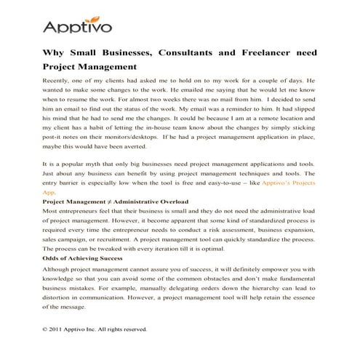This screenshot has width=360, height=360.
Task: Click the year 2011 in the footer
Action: pyautogui.click(x=60, y=329)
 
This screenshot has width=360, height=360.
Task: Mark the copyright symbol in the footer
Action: pyautogui.click(x=46, y=329)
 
